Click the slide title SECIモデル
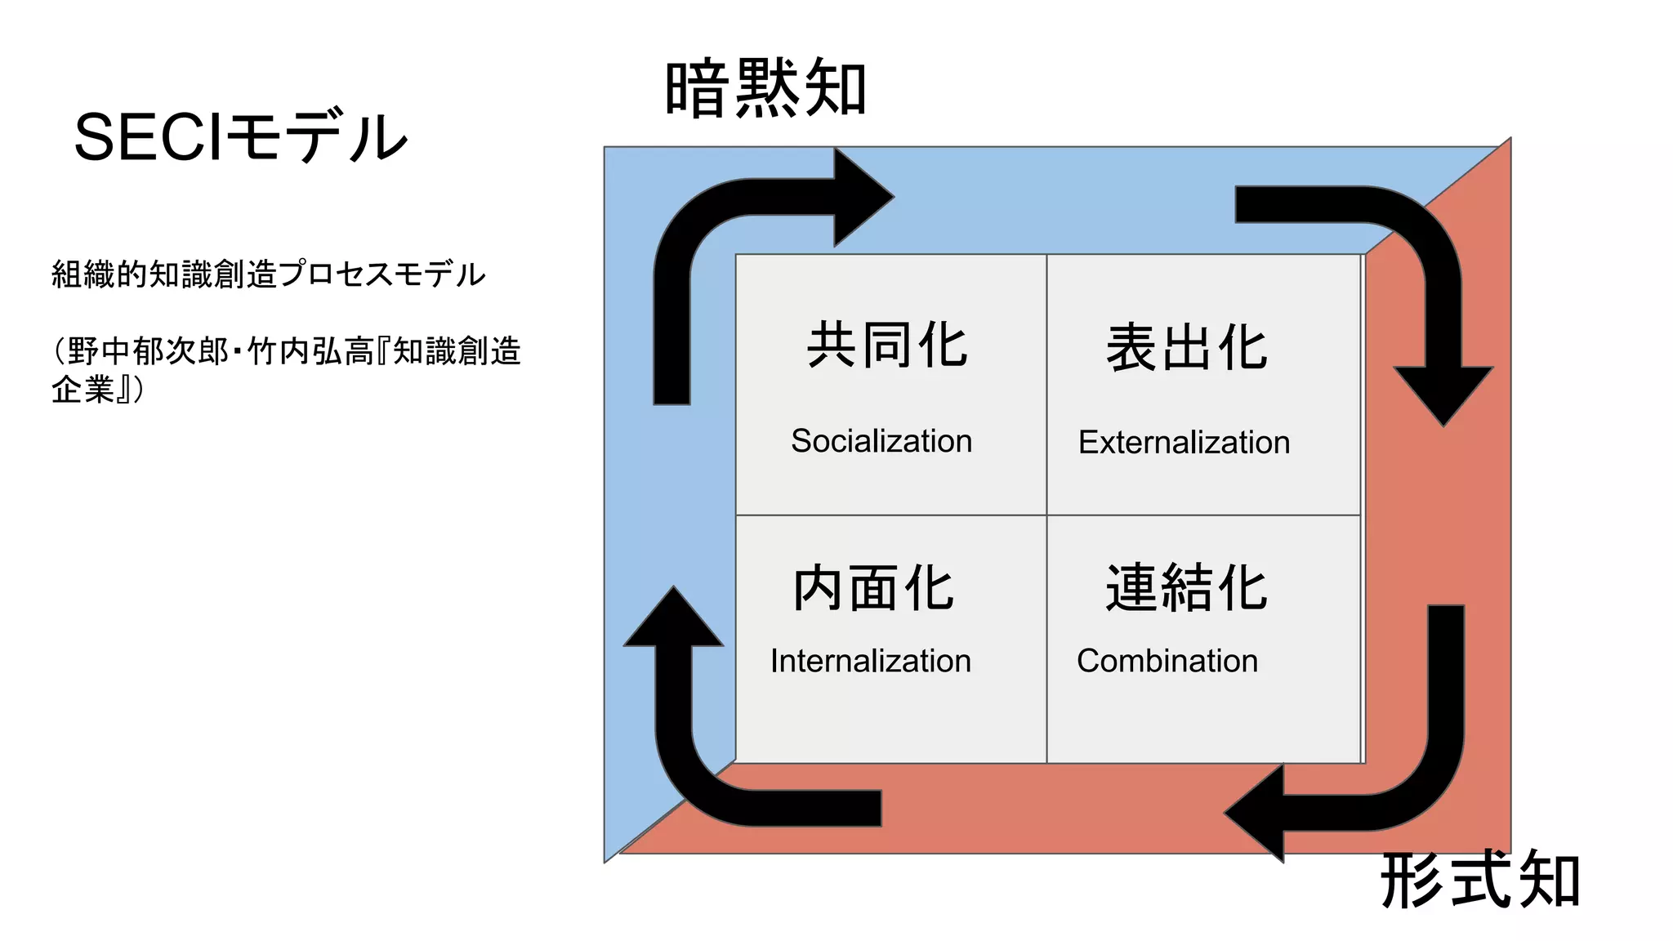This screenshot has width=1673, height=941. [240, 137]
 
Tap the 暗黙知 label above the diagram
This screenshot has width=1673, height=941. [765, 88]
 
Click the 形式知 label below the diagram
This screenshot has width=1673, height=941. [1479, 881]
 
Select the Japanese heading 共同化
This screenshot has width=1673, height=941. [887, 345]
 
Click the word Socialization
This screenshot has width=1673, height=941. [881, 441]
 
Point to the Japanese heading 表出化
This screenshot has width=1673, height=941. [1186, 348]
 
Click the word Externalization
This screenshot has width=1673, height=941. [1184, 443]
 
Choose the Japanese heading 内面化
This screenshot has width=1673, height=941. [873, 588]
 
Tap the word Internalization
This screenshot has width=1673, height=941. [871, 661]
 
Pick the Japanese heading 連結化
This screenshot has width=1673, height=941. [1186, 588]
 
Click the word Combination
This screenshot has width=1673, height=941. [1167, 661]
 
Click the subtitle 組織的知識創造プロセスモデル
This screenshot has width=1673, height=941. [268, 274]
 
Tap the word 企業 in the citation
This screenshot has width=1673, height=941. [83, 389]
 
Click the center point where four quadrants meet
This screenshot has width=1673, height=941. [1046, 515]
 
